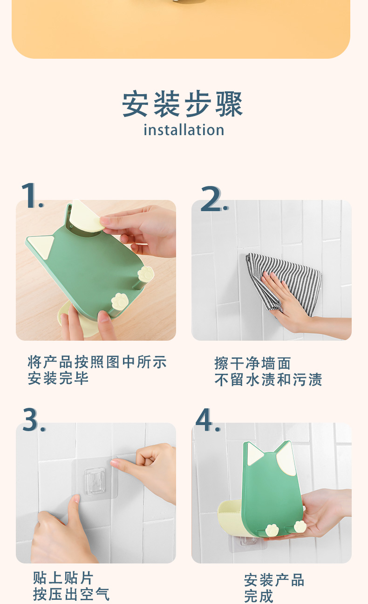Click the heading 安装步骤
point(183,104)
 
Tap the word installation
point(184,130)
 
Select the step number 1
point(32,195)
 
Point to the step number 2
point(214,199)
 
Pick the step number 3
point(34,419)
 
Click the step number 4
point(208,419)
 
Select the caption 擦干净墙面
point(252,363)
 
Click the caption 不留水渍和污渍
point(268,379)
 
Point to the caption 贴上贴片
point(63,578)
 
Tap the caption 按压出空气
point(71,594)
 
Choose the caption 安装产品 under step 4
point(274,580)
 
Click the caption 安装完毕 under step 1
point(58,378)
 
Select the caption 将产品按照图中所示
point(97,362)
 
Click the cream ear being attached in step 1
point(86,216)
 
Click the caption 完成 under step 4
point(259,596)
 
